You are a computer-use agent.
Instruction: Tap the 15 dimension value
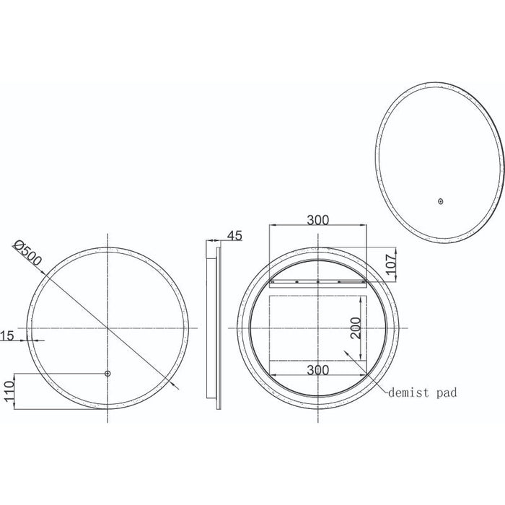(x=7, y=335)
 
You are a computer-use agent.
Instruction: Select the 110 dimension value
(x=8, y=391)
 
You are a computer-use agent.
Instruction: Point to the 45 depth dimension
(x=234, y=235)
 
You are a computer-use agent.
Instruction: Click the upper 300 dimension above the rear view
(x=317, y=220)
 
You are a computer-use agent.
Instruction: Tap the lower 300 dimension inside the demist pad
(x=317, y=369)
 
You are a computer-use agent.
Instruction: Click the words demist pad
(x=423, y=393)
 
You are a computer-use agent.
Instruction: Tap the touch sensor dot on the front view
(x=107, y=374)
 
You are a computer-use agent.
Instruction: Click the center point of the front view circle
(x=107, y=328)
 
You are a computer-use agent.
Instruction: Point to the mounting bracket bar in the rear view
(x=317, y=280)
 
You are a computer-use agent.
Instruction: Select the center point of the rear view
(x=317, y=328)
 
